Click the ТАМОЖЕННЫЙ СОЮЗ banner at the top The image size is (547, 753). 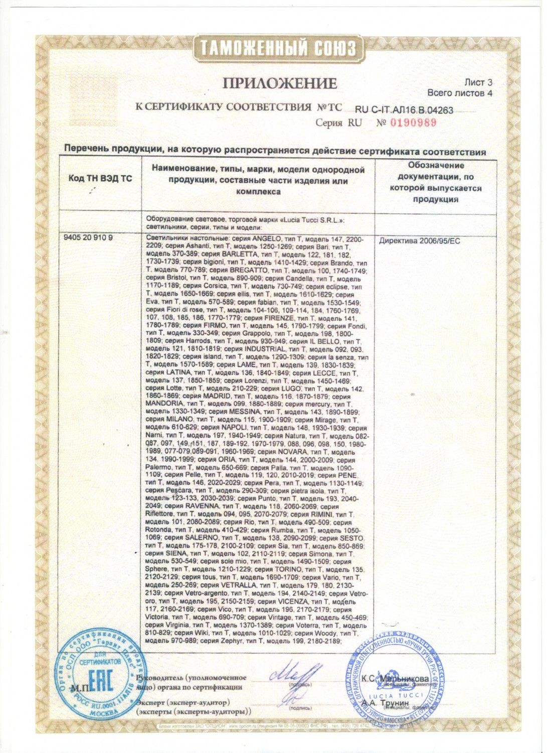[x=278, y=48]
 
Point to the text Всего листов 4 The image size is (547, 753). [x=460, y=93]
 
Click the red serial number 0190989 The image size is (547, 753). [x=413, y=122]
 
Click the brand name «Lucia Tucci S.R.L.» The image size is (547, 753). [x=316, y=219]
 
